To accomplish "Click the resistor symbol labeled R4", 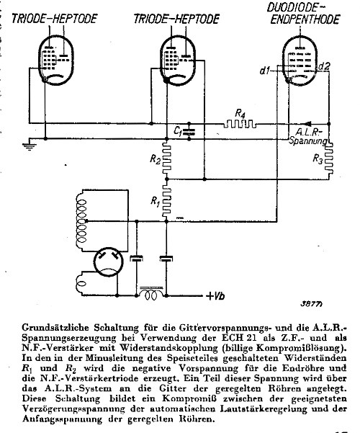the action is tap(240, 124).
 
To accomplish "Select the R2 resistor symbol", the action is tap(166, 158).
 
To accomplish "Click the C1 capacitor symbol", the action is tap(189, 132).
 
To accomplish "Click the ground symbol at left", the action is tap(29, 146).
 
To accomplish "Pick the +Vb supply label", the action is tap(215, 296).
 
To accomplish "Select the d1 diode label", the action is tap(265, 71).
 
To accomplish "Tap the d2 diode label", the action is tap(323, 66).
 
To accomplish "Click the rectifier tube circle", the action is tap(108, 262).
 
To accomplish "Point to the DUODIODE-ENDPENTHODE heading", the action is tap(305, 14).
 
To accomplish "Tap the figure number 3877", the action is tap(312, 304).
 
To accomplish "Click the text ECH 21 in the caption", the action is tap(239, 338).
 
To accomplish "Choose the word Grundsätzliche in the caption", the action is tap(55, 328).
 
